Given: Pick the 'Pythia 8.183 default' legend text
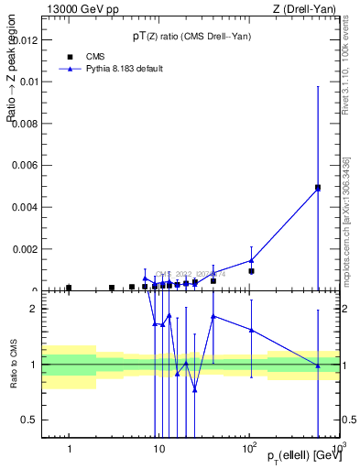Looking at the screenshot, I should point(125,69).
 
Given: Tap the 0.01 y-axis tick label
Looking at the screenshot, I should point(28,82).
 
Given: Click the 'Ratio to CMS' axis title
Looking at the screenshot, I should point(14,365).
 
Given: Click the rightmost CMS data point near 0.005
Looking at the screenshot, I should point(318,188).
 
